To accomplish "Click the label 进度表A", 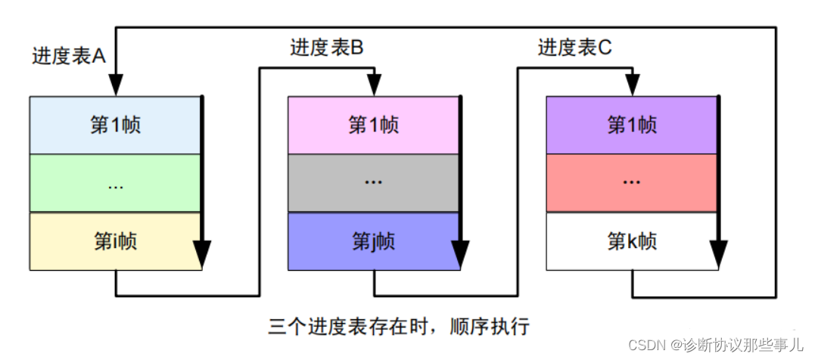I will pos(68,56).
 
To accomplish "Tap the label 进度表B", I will pos(327,48).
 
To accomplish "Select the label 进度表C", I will pos(574,48).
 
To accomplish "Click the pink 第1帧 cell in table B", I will pos(373,125).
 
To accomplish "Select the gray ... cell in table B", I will pos(373,183).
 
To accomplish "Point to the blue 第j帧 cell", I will pos(373,241).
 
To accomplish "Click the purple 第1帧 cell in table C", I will pos(632,125).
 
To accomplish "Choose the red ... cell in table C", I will pos(632,183).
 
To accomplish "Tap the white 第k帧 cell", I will pos(632,241).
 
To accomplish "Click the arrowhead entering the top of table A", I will pos(116,85).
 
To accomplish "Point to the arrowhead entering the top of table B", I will pos(374,85).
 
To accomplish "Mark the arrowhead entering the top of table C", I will pos(633,85).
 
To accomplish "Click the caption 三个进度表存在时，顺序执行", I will pos(400,327).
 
